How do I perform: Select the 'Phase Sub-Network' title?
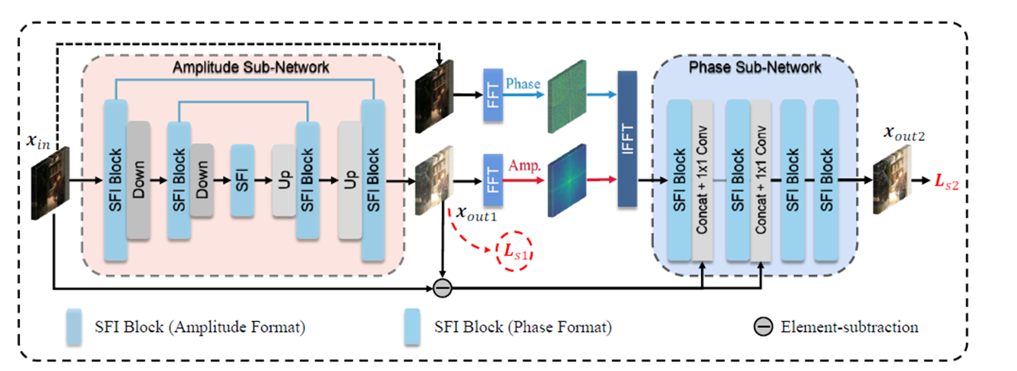745,67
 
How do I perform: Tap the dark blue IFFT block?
628,139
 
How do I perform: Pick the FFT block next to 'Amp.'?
493,181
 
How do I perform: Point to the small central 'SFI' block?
242,181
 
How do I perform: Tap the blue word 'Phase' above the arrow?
524,84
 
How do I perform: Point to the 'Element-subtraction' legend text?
849,327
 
